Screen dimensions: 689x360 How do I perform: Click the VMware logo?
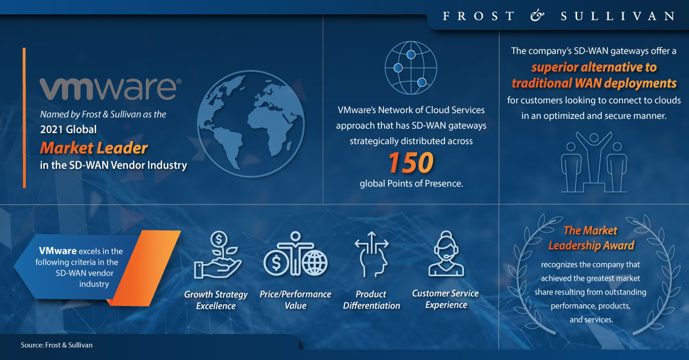coord(110,88)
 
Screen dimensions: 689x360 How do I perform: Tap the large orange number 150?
coord(411,162)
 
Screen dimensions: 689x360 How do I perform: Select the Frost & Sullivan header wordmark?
coord(559,16)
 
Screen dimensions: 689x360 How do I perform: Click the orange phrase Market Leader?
coord(94,148)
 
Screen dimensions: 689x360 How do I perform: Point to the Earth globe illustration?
coord(251,123)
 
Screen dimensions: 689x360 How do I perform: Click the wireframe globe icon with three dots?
coord(411,68)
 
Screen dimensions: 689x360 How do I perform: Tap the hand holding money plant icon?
coord(218,255)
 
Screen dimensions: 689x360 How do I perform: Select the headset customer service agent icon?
coord(446,254)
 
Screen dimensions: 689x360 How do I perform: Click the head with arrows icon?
coord(371,254)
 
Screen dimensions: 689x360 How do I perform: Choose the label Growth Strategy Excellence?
coord(216,300)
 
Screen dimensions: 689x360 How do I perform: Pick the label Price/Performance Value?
coord(295,300)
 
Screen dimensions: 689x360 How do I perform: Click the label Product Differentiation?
coord(371,300)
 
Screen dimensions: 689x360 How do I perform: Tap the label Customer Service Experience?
coord(446,299)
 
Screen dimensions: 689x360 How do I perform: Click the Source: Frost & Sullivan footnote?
coord(57,345)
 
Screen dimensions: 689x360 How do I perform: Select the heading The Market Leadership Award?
coord(591,238)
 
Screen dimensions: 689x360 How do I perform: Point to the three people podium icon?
coord(594,162)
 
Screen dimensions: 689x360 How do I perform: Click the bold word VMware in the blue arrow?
coord(58,251)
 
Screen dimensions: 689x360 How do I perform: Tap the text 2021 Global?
coord(68,129)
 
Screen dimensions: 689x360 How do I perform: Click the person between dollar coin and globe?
coord(295,254)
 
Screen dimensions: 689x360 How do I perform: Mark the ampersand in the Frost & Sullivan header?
coord(537,16)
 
